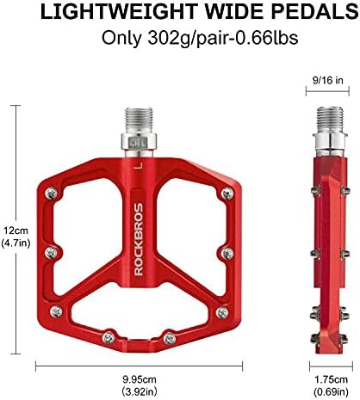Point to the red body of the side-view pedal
(x=329, y=249)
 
